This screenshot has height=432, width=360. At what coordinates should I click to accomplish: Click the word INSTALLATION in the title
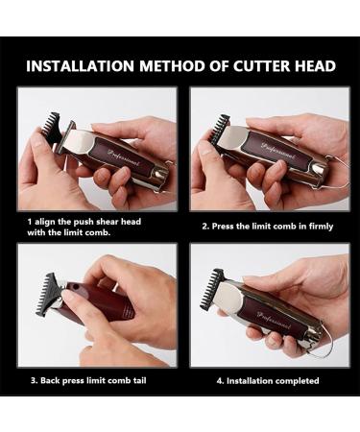point(80,66)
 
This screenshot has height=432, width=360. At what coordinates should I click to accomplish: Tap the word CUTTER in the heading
point(260,66)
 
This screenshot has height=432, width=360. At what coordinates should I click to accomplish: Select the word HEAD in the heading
point(315,66)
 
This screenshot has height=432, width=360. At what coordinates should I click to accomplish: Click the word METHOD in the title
point(172,66)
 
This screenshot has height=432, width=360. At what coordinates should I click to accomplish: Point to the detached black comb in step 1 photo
point(53,128)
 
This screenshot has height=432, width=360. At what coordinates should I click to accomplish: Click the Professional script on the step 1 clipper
point(124,157)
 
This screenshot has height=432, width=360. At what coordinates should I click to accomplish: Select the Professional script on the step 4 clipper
point(274,320)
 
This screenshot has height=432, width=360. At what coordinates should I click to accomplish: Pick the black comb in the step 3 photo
point(48,294)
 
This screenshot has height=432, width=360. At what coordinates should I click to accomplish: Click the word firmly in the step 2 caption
point(321,227)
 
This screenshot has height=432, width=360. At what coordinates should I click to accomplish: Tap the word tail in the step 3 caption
point(139,380)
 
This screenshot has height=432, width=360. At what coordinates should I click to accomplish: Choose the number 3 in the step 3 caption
point(34,381)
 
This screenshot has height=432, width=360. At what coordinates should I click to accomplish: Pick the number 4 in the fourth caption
point(220,381)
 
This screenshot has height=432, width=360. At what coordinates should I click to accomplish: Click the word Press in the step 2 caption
point(223,227)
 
